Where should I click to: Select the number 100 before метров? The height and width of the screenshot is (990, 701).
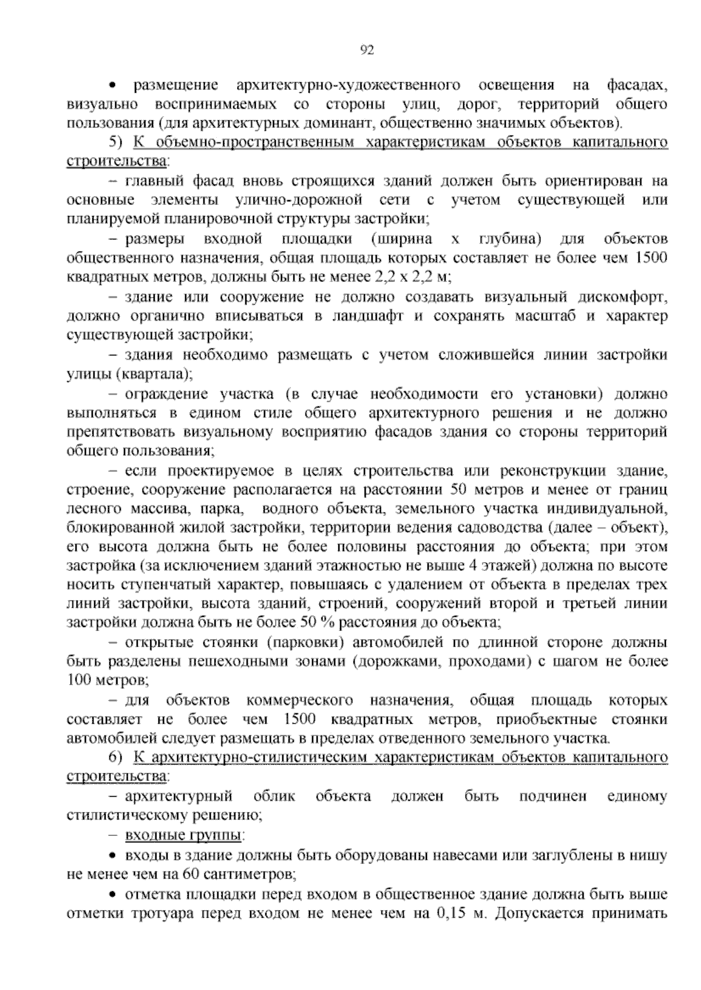click(77, 680)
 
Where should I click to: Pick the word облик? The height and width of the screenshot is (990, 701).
click(275, 796)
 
